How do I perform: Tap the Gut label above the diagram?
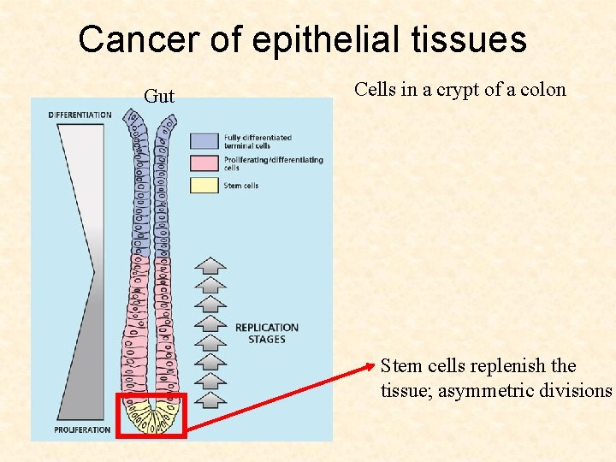tap(159, 96)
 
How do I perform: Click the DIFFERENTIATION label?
tap(80, 115)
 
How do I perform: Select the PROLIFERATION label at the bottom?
tap(82, 429)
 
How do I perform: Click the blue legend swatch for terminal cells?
tap(204, 141)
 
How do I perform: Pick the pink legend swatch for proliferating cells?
tap(204, 163)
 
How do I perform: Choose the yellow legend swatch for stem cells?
tap(204, 185)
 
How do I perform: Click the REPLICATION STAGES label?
tap(266, 334)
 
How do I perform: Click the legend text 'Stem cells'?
tap(241, 186)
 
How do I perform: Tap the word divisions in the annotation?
tap(580, 391)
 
